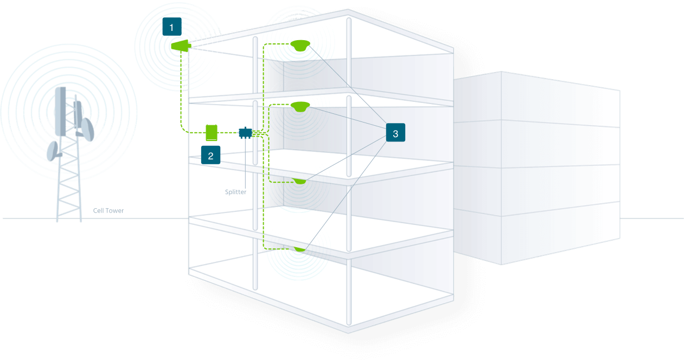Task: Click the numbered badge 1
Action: [x=172, y=27]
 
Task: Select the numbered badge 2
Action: [x=210, y=155]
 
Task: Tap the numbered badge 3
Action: [x=395, y=133]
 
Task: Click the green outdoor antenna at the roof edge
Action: [x=181, y=46]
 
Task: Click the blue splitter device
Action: [x=245, y=132]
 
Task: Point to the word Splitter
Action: [x=236, y=192]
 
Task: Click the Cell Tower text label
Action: [x=108, y=211]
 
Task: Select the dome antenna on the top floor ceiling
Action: [x=299, y=46]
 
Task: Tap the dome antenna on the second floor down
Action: [x=299, y=107]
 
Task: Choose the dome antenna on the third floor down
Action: [x=299, y=181]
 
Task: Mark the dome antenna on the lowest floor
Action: [x=299, y=248]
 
